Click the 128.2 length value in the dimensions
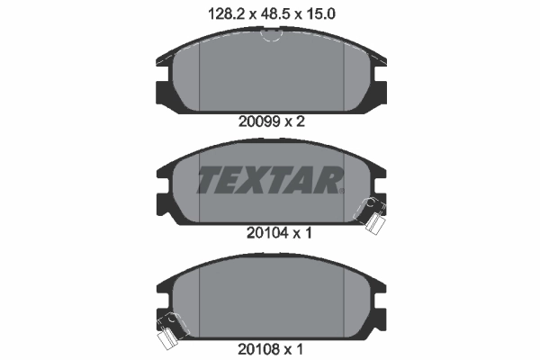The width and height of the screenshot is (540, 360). click(x=228, y=14)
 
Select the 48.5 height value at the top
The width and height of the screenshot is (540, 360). click(x=274, y=14)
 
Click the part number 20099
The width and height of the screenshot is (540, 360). click(x=259, y=121)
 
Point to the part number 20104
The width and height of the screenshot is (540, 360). click(x=267, y=233)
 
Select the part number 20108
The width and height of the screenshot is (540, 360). click(x=258, y=349)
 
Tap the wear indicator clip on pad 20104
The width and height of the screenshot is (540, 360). click(x=370, y=215)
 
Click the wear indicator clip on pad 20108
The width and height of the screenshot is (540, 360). click(x=172, y=330)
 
